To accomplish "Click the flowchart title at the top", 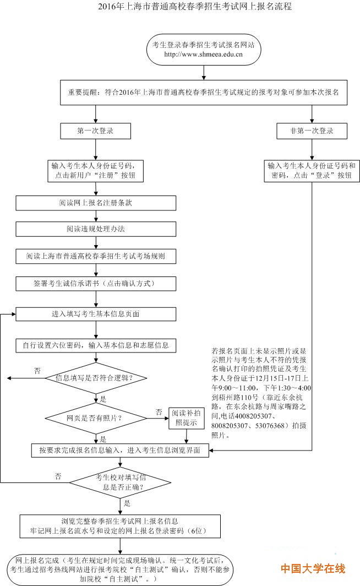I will pyautogui.click(x=179, y=7).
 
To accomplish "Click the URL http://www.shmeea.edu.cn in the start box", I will pyautogui.click(x=204, y=55).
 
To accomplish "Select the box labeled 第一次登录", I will pyautogui.click(x=96, y=131).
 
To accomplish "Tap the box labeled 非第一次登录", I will pyautogui.click(x=312, y=131).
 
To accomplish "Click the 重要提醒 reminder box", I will pyautogui.click(x=204, y=93).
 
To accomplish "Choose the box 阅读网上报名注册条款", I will pyautogui.click(x=96, y=203).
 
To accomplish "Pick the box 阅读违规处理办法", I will pyautogui.click(x=96, y=228).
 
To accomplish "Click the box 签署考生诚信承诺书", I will pyautogui.click(x=96, y=284).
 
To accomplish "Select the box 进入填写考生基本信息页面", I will pyautogui.click(x=96, y=314).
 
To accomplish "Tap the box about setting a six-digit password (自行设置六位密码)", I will pyautogui.click(x=96, y=345).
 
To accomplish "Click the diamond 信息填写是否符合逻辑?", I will pyautogui.click(x=96, y=378).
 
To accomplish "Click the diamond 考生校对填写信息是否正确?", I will pyautogui.click(x=119, y=482).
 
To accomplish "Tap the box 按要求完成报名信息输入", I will pyautogui.click(x=119, y=450).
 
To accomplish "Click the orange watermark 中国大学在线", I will pyautogui.click(x=313, y=568).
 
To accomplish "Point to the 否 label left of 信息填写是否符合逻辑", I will pyautogui.click(x=37, y=371).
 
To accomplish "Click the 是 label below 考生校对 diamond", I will pyautogui.click(x=127, y=503).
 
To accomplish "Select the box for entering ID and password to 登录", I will pyautogui.click(x=312, y=170).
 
